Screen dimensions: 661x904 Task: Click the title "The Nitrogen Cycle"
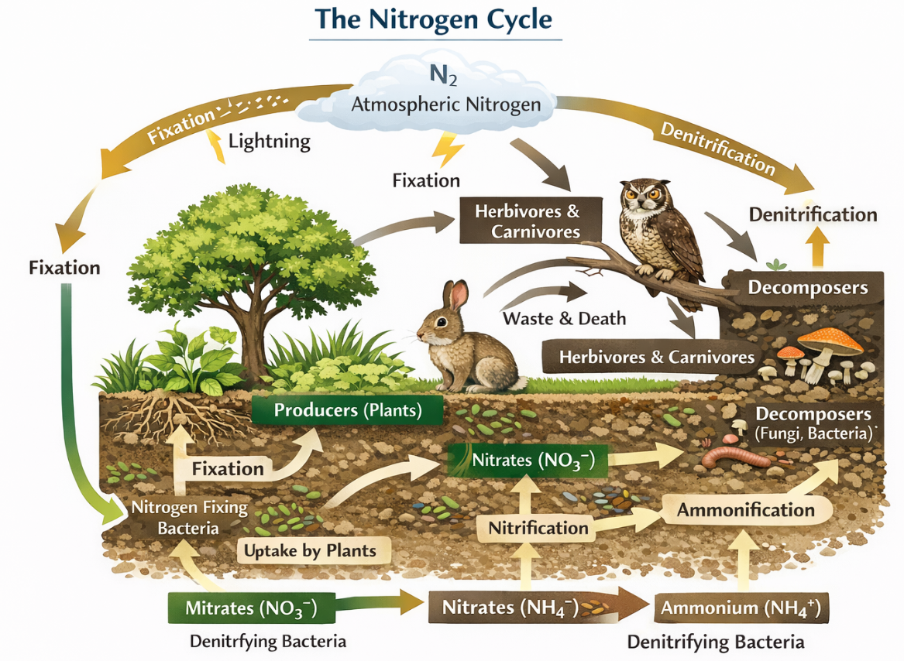[x=435, y=20]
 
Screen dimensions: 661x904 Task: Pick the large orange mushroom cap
[x=830, y=339]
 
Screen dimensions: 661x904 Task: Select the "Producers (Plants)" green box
[x=348, y=410]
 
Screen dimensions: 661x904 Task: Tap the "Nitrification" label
[x=538, y=528]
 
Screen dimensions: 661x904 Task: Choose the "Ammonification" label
[x=746, y=510]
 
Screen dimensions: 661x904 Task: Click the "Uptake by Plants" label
[x=311, y=551]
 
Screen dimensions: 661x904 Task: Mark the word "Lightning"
[x=270, y=142]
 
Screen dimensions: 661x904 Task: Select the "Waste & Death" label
[x=565, y=318]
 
